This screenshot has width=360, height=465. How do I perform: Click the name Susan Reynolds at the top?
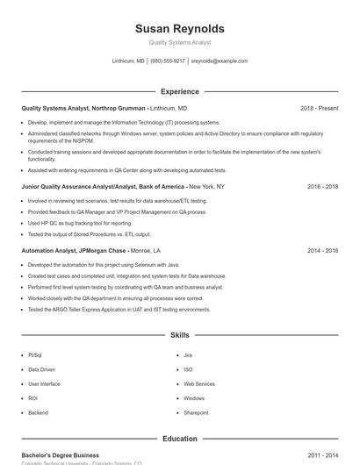tap(180, 28)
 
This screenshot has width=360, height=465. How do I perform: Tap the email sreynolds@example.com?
tap(220, 61)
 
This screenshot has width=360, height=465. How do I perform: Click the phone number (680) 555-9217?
tap(168, 61)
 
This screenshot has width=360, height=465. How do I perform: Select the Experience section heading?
tap(180, 91)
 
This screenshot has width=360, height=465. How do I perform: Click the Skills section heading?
tap(180, 335)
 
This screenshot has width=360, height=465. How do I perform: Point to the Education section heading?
tap(180, 439)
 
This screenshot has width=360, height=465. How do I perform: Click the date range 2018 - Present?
tap(319, 108)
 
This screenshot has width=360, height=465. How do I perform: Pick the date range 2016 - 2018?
tap(322, 187)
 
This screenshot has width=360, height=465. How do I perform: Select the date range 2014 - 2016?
tap(322, 250)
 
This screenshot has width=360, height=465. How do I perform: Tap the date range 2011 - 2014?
tap(322, 455)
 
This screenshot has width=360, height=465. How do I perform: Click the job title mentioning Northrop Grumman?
tap(83, 108)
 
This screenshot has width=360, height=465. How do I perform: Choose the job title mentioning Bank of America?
tap(103, 187)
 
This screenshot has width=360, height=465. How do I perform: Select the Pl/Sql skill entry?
tap(35, 355)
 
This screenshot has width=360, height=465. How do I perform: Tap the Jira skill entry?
tap(188, 355)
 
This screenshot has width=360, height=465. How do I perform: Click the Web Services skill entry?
tap(199, 383)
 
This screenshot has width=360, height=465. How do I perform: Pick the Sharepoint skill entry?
tap(196, 412)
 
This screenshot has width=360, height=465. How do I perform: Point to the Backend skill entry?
tap(39, 412)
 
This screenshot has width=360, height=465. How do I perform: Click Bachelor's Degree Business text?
tap(61, 455)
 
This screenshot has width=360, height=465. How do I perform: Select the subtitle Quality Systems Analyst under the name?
tap(180, 42)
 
